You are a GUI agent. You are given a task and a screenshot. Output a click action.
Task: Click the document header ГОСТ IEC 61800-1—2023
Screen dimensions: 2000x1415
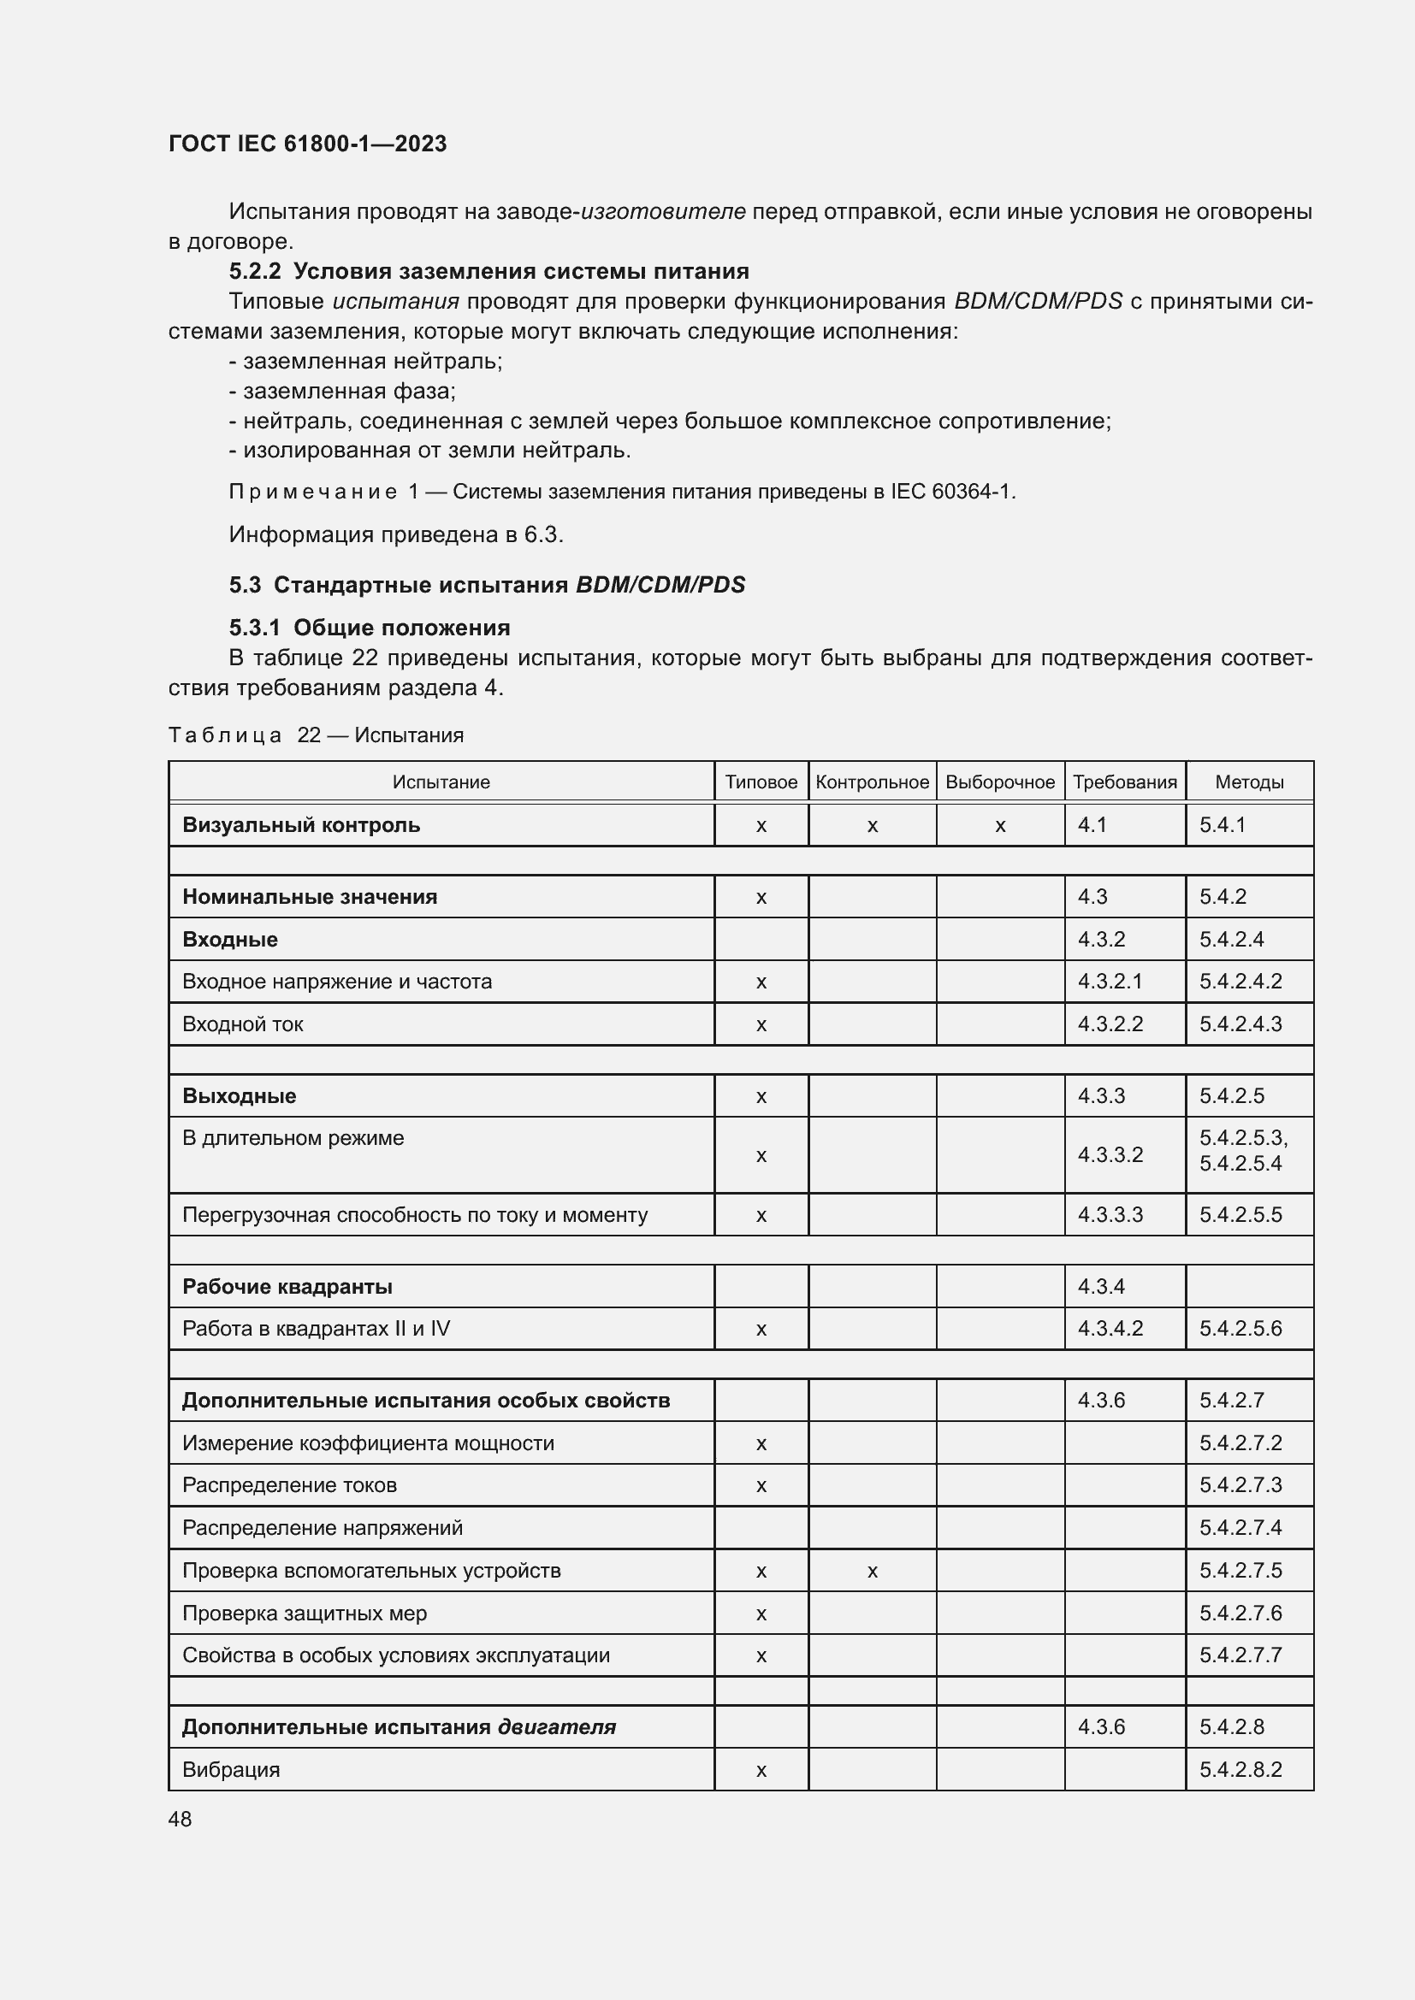307,144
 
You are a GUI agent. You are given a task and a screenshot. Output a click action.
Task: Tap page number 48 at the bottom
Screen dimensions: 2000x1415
180,1819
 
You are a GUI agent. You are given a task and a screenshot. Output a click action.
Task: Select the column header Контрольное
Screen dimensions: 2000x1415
871,782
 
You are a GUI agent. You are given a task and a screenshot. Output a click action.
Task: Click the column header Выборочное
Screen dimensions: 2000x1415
999,782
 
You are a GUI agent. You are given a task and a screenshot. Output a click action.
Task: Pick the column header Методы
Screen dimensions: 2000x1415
1248,782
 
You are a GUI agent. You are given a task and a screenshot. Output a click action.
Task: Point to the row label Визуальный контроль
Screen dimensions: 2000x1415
300,825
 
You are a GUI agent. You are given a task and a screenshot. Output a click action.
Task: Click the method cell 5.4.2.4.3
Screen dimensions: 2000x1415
1240,1024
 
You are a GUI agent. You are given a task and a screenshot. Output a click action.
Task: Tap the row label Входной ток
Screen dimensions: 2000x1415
242,1024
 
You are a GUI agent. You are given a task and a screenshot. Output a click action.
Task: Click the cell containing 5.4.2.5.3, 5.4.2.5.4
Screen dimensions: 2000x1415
1242,1151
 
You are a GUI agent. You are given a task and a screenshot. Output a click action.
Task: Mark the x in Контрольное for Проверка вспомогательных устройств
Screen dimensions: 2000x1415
871,1572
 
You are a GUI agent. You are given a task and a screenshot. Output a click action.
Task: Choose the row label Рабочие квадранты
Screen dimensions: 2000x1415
287,1287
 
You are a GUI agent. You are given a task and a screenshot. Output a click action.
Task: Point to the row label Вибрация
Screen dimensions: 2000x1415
231,1770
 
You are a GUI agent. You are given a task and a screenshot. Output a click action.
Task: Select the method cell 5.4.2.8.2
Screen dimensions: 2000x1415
1240,1770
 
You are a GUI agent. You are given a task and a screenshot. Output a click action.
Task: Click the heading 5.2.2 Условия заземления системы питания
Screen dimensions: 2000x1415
488,271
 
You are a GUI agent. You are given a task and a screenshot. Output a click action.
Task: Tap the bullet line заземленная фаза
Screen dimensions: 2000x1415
341,391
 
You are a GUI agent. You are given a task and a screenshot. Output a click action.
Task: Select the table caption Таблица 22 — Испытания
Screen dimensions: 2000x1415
316,735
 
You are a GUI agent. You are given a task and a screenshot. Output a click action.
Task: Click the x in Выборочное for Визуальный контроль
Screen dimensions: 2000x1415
999,826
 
